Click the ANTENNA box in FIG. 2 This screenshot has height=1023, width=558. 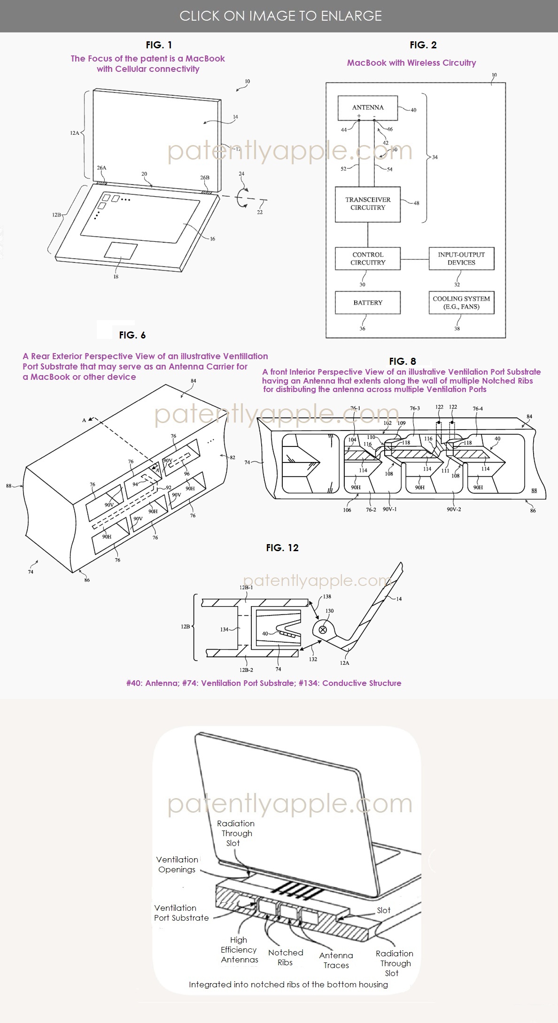click(368, 108)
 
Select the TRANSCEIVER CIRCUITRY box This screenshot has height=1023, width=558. click(368, 204)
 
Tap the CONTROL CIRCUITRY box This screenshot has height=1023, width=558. click(368, 259)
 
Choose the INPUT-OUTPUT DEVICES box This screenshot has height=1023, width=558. click(461, 259)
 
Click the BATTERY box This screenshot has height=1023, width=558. click(368, 303)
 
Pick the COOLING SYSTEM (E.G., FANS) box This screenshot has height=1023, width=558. click(461, 303)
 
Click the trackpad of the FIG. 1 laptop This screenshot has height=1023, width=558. click(121, 251)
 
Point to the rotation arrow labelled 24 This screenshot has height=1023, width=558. click(242, 197)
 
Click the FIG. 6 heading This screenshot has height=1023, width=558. click(132, 335)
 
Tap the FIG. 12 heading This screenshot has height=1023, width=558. click(282, 548)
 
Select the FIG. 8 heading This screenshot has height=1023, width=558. click(403, 362)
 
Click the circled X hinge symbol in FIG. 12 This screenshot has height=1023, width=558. click(323, 630)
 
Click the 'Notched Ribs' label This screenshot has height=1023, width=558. click(286, 957)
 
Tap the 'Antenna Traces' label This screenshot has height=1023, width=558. click(336, 960)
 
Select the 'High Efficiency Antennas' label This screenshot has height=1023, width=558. click(239, 950)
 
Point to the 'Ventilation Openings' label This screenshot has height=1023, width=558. click(177, 864)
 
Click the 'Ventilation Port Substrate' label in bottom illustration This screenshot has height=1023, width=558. click(181, 913)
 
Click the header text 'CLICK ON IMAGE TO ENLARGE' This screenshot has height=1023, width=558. click(280, 16)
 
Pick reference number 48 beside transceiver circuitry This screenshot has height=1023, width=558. click(416, 203)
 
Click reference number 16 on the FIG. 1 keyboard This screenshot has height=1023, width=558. click(212, 239)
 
